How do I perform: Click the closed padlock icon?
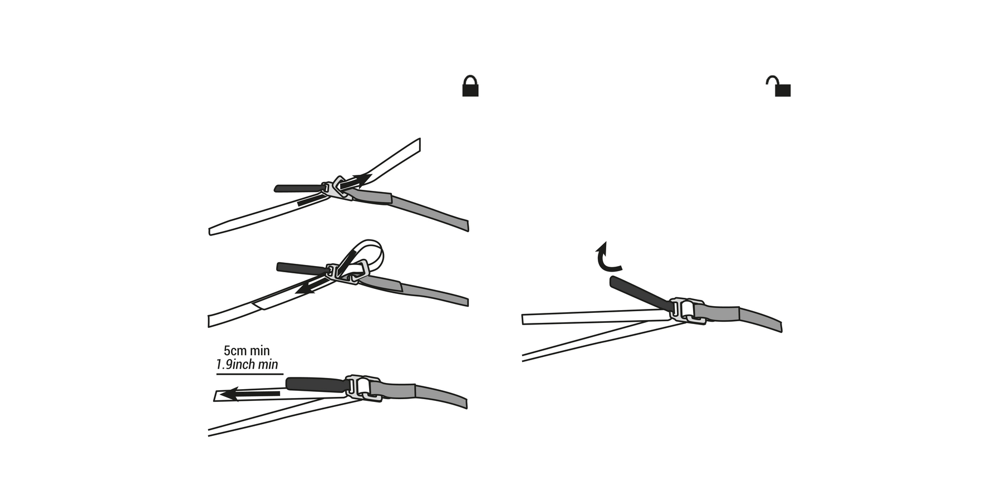point(470,86)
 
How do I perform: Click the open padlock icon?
point(780,87)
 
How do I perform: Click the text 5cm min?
point(247,351)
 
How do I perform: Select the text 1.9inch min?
point(247,365)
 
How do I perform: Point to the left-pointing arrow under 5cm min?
point(250,394)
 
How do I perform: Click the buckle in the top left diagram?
point(338,188)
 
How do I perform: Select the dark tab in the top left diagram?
point(298,188)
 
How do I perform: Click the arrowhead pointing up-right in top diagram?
point(364,178)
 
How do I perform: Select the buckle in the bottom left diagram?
point(364,387)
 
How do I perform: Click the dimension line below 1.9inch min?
point(249,374)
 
